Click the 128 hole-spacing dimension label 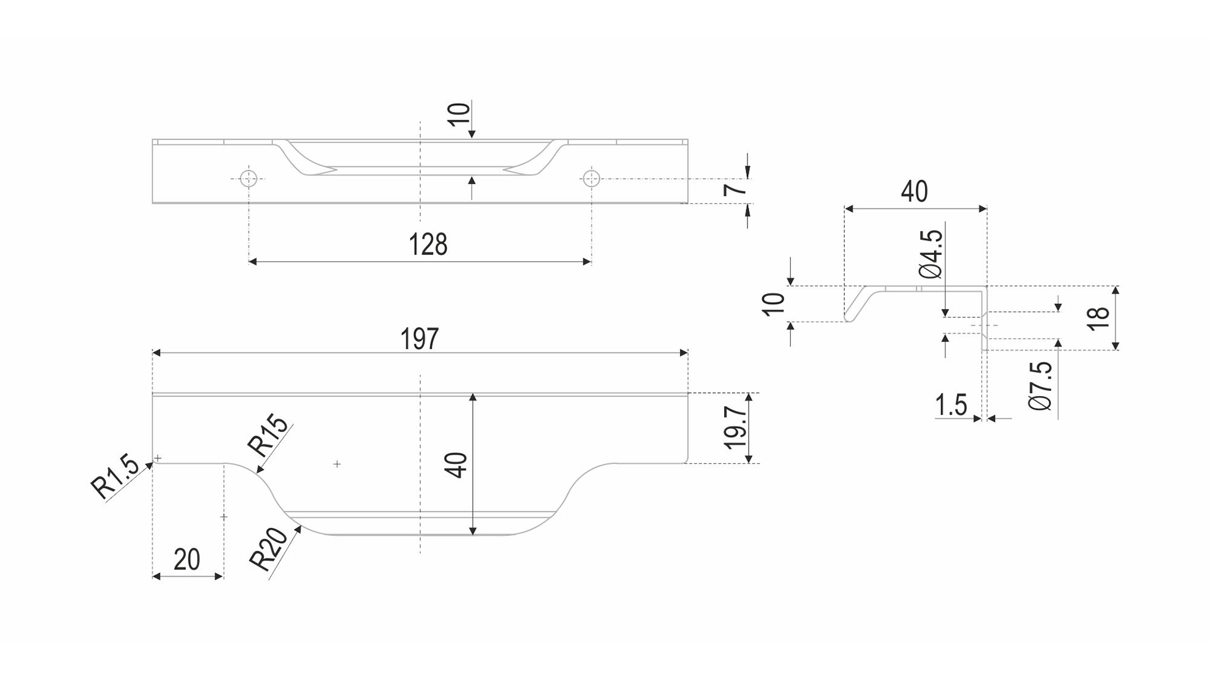[428, 244]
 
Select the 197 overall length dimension [419, 339]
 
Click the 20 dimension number [187, 559]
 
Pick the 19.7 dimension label [735, 426]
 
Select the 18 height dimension [1098, 317]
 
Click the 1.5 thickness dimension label [951, 405]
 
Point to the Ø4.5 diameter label [931, 254]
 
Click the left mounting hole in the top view [249, 178]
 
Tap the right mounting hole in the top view [591, 178]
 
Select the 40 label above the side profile [914, 191]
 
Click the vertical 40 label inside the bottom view [459, 465]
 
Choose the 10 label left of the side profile [775, 304]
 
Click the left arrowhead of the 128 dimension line [253, 261]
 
